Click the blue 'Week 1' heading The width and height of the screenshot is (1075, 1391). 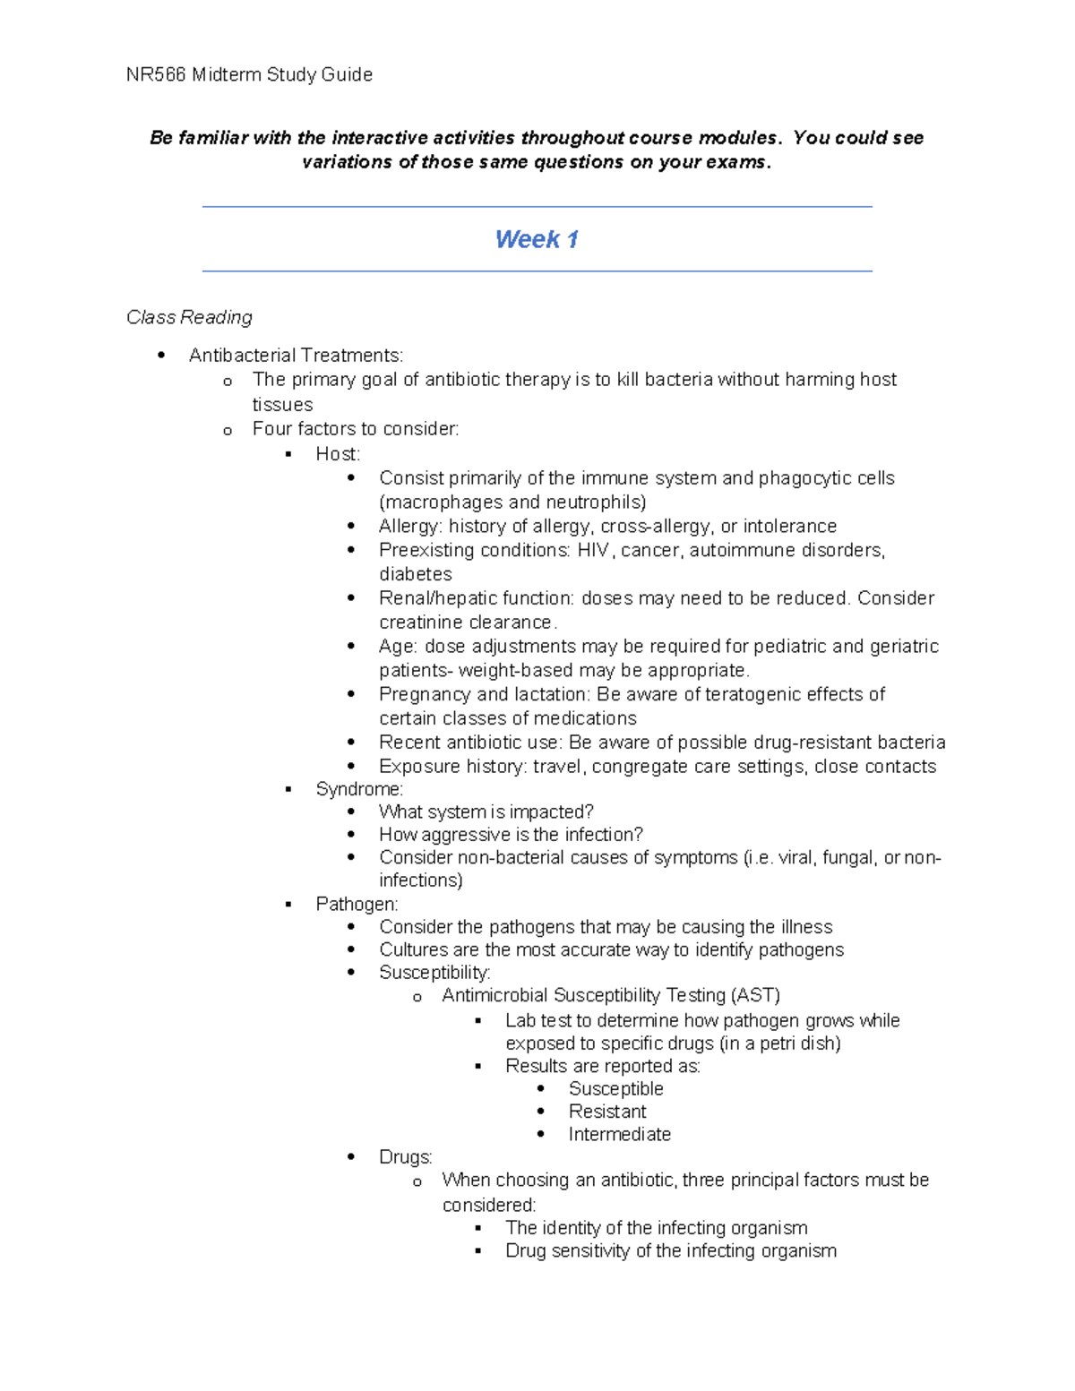point(537,239)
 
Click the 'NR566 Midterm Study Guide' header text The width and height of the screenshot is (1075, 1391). point(249,75)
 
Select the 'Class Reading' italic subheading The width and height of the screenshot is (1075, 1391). point(189,317)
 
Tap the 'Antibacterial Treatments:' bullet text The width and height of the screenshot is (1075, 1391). point(296,356)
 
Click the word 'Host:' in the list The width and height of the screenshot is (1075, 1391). point(338,454)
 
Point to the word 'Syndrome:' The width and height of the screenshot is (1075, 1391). point(359,789)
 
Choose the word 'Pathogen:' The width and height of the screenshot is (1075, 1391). point(357,904)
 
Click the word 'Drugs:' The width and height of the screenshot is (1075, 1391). point(405,1157)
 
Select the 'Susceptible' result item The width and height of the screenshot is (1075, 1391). point(615,1089)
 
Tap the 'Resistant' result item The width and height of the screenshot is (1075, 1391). point(606,1112)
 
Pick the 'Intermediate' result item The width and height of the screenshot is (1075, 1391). point(619,1135)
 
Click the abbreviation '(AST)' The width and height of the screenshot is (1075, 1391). point(755,996)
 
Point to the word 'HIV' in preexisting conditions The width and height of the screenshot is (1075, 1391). point(593,550)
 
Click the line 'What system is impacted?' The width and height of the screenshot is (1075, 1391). point(486,812)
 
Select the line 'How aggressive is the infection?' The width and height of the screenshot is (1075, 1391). point(511,835)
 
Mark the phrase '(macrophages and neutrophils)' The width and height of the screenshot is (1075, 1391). point(512,502)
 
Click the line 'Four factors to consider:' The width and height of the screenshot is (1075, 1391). point(355,429)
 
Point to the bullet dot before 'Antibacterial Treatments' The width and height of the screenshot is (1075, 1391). point(161,356)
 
